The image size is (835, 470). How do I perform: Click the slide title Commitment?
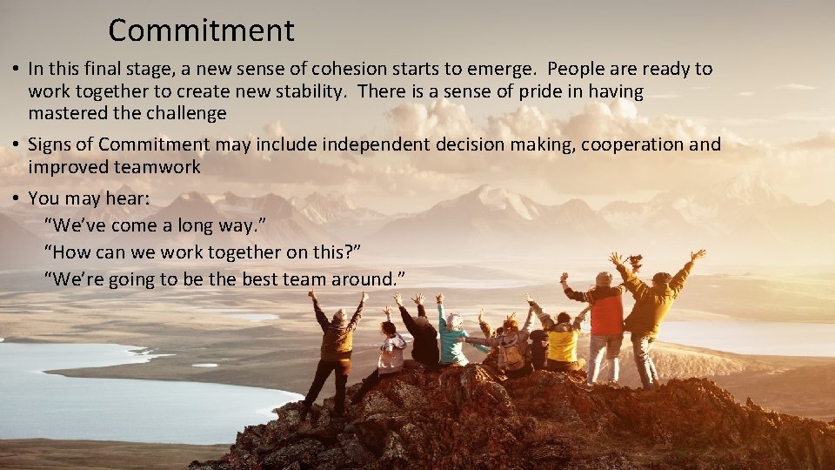tap(201, 31)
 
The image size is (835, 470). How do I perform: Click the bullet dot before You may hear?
tap(16, 199)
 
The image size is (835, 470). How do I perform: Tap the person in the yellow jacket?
tap(563, 341)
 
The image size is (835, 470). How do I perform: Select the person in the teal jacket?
tap(452, 339)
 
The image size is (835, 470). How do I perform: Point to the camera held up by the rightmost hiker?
tap(635, 259)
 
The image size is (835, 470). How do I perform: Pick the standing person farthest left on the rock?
tap(335, 348)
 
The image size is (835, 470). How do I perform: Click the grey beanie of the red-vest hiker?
tap(604, 279)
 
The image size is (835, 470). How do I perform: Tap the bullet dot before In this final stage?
tap(16, 69)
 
